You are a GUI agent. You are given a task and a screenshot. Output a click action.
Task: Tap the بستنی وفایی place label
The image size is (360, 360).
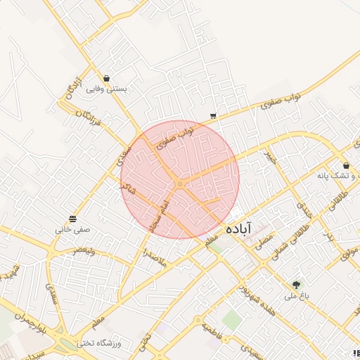click(106, 89)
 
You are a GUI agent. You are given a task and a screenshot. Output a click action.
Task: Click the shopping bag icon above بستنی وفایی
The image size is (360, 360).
click(106, 78)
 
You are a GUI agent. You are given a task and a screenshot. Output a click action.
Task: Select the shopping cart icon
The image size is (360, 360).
click(213, 116)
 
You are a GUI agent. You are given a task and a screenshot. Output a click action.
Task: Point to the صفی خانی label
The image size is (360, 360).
click(73, 229)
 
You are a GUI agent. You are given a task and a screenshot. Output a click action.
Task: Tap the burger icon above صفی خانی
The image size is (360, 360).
click(73, 218)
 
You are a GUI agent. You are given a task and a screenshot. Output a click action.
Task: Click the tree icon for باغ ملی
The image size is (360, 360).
click(296, 285)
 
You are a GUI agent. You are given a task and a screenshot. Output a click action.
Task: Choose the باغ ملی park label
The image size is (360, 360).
click(297, 296)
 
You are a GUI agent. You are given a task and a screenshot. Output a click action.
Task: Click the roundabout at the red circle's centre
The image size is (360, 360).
click(180, 184)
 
